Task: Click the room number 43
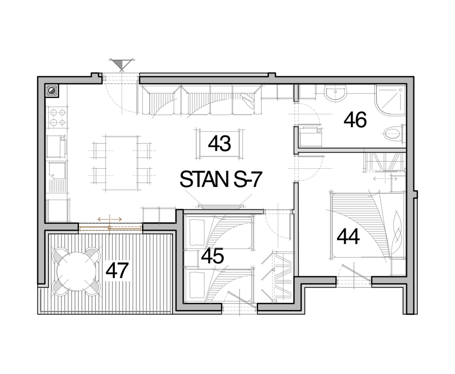pyautogui.click(x=219, y=144)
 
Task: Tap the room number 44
pyautogui.click(x=348, y=237)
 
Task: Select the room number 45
pyautogui.click(x=213, y=256)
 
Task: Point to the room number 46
pyautogui.click(x=355, y=120)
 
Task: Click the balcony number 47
pyautogui.click(x=117, y=271)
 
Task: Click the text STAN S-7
pyautogui.click(x=221, y=179)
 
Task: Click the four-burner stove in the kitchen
pyautogui.click(x=58, y=117)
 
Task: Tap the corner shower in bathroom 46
pyautogui.click(x=390, y=100)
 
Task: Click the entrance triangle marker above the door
pyautogui.click(x=121, y=65)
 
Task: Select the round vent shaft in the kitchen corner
pyautogui.click(x=53, y=90)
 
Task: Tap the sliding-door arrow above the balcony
pyautogui.click(x=110, y=219)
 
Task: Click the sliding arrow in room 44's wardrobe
pyautogui.click(x=385, y=178)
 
